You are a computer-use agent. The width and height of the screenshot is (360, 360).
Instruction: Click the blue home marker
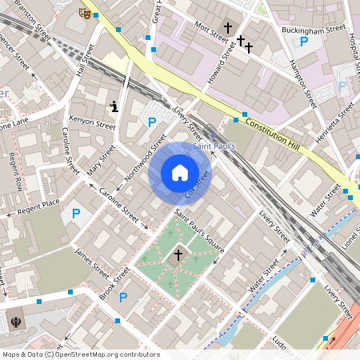180,173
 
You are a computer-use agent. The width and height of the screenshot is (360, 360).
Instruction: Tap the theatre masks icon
84,12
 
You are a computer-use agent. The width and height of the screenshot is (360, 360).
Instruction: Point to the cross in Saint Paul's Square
178,254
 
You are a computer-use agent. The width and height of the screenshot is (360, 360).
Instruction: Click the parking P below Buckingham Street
304,42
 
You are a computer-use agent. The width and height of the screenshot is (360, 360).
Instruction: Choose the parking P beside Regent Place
76,214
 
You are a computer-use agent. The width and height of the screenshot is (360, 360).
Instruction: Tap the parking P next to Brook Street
123,298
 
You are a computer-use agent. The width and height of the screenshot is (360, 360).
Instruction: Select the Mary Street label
102,160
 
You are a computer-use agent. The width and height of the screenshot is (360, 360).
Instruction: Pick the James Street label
90,261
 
